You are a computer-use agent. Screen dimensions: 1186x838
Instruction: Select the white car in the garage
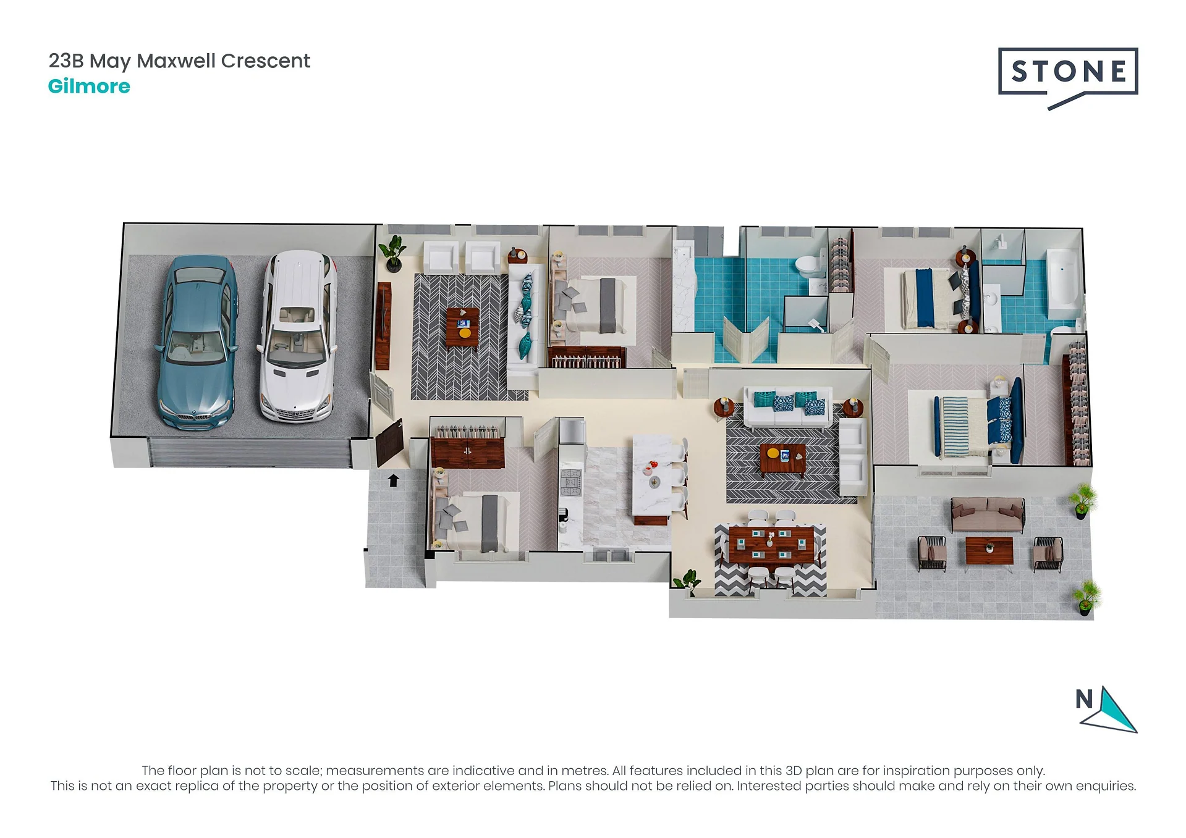click(x=299, y=337)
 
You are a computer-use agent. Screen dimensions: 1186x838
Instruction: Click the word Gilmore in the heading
click(x=89, y=86)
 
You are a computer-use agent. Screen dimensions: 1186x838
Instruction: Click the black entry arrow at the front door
click(x=393, y=480)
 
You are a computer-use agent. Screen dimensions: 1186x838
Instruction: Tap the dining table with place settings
click(x=771, y=544)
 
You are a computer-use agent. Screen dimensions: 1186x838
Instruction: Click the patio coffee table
click(x=989, y=550)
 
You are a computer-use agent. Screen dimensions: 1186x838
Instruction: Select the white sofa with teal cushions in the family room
click(x=788, y=407)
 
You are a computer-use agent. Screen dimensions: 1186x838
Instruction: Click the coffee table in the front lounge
click(x=463, y=327)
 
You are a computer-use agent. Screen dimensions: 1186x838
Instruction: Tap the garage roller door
click(x=251, y=453)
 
